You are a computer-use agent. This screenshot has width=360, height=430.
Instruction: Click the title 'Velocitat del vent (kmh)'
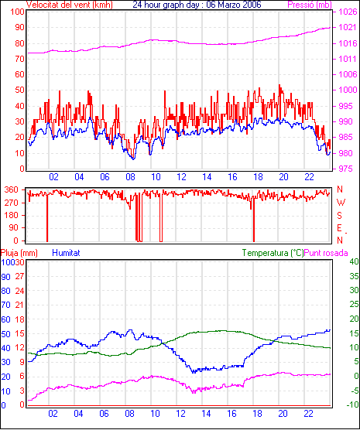(x=70, y=5)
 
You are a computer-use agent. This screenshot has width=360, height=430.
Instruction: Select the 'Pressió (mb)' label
(x=310, y=5)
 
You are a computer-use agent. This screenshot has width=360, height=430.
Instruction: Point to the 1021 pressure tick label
(x=348, y=27)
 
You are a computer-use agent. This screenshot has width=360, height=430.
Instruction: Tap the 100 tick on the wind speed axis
(x=17, y=12)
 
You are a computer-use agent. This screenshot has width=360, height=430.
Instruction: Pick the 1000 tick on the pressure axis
(x=348, y=90)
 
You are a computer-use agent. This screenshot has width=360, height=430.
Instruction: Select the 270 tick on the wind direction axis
(x=12, y=203)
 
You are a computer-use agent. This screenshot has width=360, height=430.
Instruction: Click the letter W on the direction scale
(x=341, y=203)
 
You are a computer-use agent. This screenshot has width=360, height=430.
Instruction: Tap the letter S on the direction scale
(x=340, y=216)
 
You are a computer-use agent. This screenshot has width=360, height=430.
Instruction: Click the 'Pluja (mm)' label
(x=19, y=253)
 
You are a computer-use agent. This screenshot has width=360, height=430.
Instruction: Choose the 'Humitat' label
(x=66, y=253)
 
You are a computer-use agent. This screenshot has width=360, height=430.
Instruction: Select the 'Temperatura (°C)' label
(x=273, y=253)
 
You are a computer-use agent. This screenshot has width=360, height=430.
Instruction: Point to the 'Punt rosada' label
(x=326, y=253)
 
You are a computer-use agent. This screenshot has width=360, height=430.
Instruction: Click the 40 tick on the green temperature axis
(x=355, y=261)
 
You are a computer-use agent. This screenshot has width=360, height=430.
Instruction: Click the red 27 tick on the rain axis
(x=20, y=276)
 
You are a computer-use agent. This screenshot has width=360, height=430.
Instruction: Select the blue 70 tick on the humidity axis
(x=5, y=305)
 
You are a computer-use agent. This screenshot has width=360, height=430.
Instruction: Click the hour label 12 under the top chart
(x=181, y=177)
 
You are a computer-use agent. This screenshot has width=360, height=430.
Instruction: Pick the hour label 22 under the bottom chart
(x=308, y=413)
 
